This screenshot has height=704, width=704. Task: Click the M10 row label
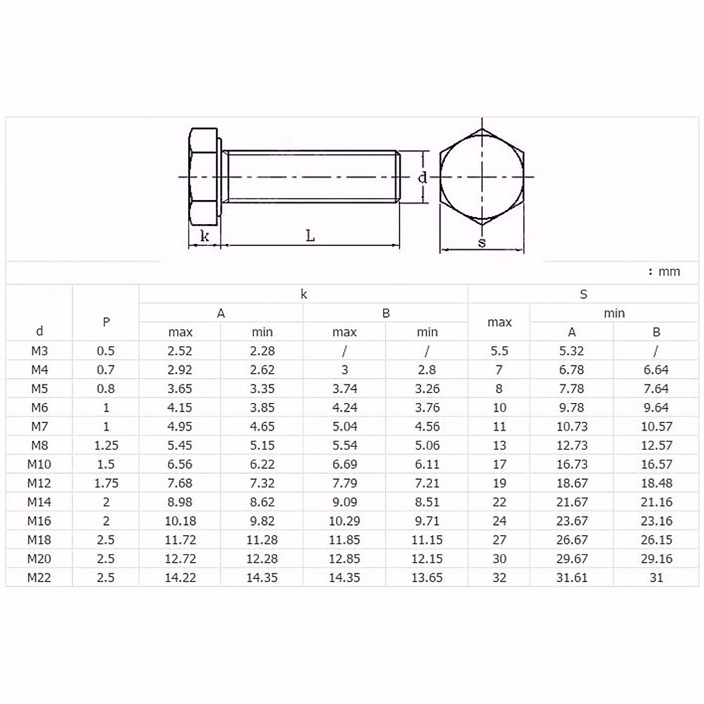tap(39, 464)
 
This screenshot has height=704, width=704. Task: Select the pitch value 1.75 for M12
tap(106, 483)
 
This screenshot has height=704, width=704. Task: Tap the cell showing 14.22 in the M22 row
tap(180, 577)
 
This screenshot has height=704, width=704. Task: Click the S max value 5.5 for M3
tap(499, 351)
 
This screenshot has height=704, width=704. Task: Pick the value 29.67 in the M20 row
tap(571, 559)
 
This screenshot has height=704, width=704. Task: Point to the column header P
tap(106, 321)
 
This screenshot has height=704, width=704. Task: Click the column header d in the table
tap(39, 331)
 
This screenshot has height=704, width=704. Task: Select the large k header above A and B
tap(303, 294)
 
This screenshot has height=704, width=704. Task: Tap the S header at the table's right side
tap(583, 294)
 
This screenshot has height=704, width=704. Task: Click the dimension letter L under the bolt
tap(310, 236)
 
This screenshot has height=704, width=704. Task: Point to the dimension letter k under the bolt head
tap(205, 236)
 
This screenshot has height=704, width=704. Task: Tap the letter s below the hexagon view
tap(482, 242)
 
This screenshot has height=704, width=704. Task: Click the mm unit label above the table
tap(668, 271)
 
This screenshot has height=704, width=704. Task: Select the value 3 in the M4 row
tap(344, 370)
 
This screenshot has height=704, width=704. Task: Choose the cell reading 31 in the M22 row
tap(656, 577)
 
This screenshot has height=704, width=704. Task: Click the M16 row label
tap(39, 520)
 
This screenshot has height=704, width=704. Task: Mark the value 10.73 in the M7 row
tap(571, 427)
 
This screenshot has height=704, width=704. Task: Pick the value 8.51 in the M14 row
tap(427, 502)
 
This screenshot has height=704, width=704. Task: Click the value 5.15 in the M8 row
tap(262, 445)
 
